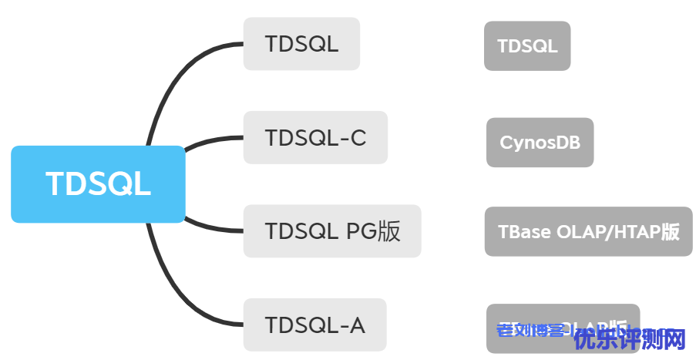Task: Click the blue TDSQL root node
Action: [98, 184]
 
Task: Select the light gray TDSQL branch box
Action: [301, 44]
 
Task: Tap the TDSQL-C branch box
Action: [315, 138]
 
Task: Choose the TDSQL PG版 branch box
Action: [332, 231]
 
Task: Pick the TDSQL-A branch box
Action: [314, 325]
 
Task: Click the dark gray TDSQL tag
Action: [527, 46]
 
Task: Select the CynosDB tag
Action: [540, 143]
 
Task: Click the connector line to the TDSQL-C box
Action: [212, 140]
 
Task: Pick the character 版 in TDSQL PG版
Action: [389, 231]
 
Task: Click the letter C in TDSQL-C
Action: [357, 138]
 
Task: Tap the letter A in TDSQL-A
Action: [357, 325]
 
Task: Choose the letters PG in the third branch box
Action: [357, 231]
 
